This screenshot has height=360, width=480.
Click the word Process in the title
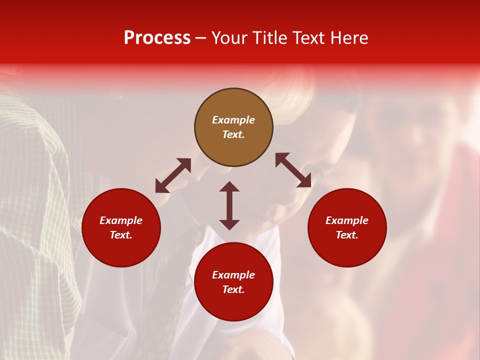[x=157, y=38]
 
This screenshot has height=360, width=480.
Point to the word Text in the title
[x=310, y=38]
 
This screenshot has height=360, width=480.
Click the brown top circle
[x=233, y=127]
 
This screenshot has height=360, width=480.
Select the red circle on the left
[x=121, y=227]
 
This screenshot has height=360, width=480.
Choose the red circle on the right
[x=347, y=227]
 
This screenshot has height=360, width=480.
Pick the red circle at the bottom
[x=233, y=282]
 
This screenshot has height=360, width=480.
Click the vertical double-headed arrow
[x=229, y=205]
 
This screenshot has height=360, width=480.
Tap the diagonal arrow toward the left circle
[x=173, y=175]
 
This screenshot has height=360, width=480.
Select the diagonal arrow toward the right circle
[x=293, y=170]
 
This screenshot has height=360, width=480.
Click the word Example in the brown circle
[x=233, y=120]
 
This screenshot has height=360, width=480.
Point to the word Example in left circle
[x=121, y=220]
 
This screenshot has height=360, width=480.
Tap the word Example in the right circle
[x=347, y=220]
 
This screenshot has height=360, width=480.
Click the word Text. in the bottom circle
[x=233, y=289]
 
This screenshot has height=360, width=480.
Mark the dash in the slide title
[x=201, y=38]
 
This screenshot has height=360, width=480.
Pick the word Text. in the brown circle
[x=233, y=134]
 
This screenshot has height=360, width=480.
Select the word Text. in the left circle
[x=121, y=235]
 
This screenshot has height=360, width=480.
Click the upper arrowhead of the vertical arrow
[x=229, y=186]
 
